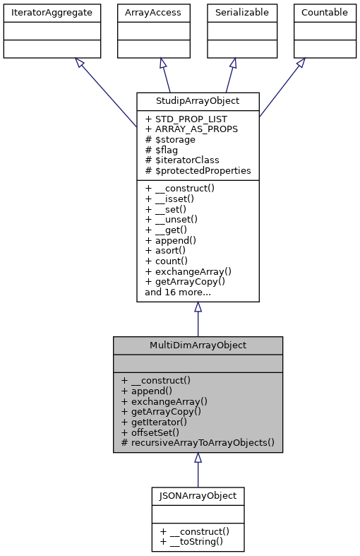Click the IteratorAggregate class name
(x=52, y=12)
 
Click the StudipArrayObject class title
(x=198, y=100)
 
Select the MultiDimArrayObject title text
(x=198, y=345)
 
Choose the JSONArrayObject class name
(x=198, y=495)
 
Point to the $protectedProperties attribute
(x=198, y=170)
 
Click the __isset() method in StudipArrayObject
(x=173, y=199)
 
